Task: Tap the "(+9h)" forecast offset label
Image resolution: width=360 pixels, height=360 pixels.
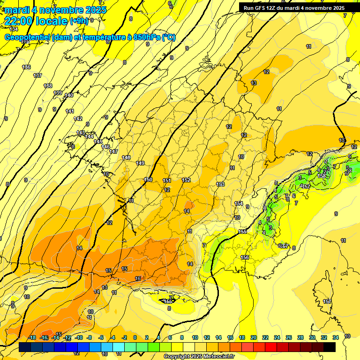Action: [78, 21]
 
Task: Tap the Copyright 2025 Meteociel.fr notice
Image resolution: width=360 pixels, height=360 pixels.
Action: [199, 357]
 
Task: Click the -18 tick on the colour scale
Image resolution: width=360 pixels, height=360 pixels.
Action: [32, 337]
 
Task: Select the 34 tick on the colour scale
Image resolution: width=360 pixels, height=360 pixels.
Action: [336, 337]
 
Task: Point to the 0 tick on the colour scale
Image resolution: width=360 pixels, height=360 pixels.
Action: [135, 337]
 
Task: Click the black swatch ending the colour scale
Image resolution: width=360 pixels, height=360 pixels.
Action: [330, 347]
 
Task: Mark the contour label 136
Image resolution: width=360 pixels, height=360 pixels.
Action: [26, 67]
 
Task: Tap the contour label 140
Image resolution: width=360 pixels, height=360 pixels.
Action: [69, 96]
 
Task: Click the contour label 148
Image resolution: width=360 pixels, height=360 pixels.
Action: [126, 157]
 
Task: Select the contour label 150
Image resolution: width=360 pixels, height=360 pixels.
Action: [148, 180]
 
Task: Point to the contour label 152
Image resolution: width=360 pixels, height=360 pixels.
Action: [186, 180]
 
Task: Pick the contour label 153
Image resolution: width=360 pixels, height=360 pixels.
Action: [220, 185]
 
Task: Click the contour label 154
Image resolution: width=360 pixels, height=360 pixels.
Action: [239, 203]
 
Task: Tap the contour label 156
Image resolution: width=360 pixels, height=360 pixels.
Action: [245, 257]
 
